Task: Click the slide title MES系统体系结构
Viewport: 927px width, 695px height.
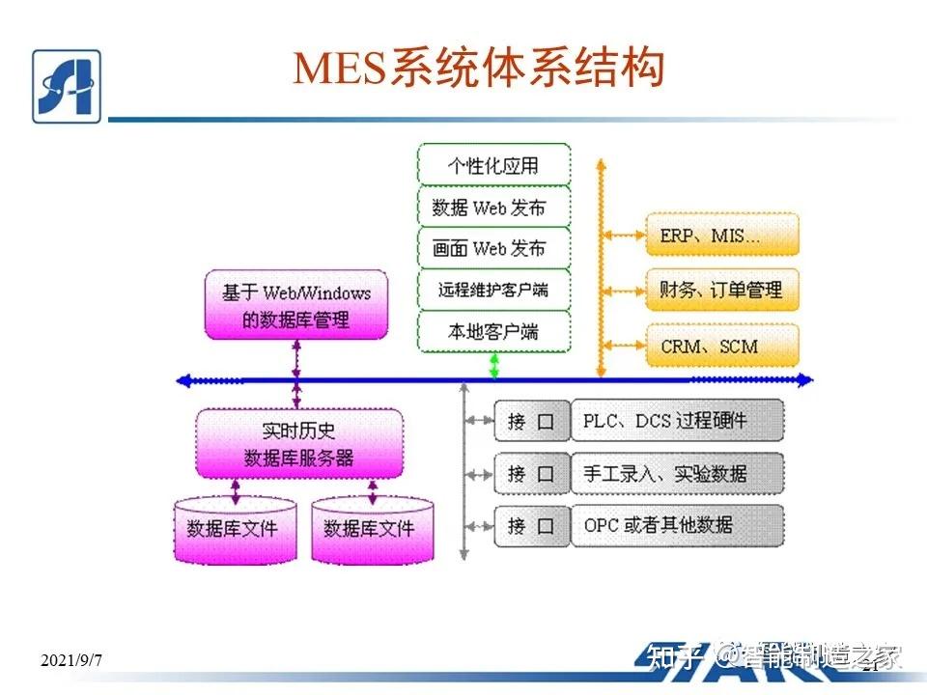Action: [x=480, y=69]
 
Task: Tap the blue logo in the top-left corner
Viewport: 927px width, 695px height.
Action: [x=67, y=86]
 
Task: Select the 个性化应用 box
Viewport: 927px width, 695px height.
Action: [x=493, y=165]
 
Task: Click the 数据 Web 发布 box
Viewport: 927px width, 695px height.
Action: [x=493, y=207]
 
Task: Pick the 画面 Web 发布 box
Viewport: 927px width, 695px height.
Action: [x=493, y=248]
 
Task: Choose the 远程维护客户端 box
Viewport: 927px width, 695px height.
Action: [x=493, y=290]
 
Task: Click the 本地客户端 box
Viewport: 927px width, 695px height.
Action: [x=493, y=331]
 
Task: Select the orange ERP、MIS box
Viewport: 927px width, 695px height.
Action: [x=723, y=235]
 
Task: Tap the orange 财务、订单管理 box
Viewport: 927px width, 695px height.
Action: [x=723, y=289]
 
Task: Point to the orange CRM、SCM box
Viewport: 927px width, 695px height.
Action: [x=723, y=345]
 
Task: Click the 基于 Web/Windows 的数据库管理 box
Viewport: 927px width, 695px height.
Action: [x=296, y=305]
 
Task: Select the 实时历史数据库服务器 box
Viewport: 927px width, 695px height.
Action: [x=299, y=444]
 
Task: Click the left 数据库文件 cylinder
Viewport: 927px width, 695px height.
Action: [x=233, y=529]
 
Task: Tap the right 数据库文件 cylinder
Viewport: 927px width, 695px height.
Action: [x=371, y=529]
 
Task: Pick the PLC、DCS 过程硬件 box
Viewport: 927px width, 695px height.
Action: [x=677, y=421]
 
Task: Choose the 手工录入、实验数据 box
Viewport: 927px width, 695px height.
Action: [x=677, y=473]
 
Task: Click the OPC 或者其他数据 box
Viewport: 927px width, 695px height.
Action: [x=677, y=526]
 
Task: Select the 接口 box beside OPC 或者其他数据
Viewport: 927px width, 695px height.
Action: [x=532, y=526]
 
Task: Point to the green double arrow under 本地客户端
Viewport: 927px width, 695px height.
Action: [x=494, y=366]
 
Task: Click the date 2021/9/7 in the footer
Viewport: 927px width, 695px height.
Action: [x=71, y=660]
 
